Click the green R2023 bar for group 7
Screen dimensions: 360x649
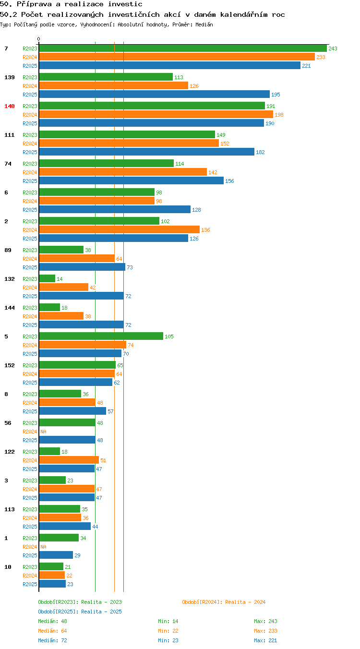183,48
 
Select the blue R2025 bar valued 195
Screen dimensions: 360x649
155,95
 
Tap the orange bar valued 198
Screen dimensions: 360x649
156,115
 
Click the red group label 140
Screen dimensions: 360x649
10,106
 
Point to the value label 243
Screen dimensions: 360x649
333,48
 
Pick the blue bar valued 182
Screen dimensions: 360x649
146,152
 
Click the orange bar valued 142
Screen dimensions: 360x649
123,172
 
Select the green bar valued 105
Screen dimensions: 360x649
101,337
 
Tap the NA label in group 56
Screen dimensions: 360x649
44,432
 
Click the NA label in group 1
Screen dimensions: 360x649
44,547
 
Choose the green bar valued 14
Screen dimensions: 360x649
47,279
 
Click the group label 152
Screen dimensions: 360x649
10,365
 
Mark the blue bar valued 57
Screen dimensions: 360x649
72,411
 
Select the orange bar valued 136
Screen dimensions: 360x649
120,230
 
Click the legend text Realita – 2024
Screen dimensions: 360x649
245,602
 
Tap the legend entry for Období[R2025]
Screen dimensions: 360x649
80,612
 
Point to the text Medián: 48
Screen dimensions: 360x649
52,621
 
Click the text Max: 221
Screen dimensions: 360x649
265,640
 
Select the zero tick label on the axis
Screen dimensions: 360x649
38,39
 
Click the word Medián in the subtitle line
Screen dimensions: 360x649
204,24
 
